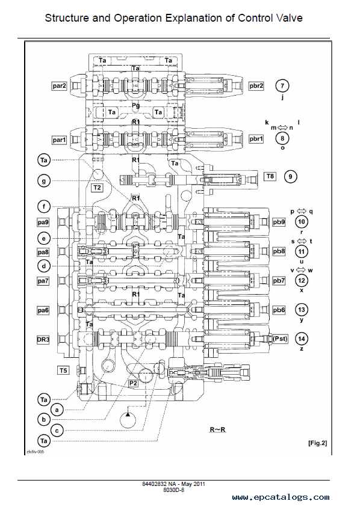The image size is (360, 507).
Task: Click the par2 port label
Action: click(x=59, y=86)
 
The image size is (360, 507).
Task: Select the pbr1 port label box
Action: click(x=256, y=139)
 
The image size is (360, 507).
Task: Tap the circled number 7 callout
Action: click(x=282, y=86)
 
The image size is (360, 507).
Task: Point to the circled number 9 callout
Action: click(x=290, y=177)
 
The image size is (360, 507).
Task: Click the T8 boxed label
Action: click(x=270, y=176)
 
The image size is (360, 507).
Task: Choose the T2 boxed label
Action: click(x=97, y=188)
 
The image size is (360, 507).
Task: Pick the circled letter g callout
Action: click(x=44, y=181)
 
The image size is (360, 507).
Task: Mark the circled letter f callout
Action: click(x=44, y=207)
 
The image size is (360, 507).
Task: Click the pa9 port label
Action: click(x=43, y=222)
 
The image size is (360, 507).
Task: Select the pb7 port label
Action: click(x=278, y=281)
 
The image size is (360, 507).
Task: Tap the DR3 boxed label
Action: click(x=43, y=340)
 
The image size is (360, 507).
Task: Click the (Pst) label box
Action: click(x=280, y=339)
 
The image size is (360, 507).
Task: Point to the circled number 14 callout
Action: click(x=302, y=339)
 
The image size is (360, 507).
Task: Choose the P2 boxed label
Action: click(x=133, y=384)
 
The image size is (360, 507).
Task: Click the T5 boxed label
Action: click(x=63, y=370)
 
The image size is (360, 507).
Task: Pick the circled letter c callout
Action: click(x=57, y=431)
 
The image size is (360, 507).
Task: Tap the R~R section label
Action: click(x=217, y=430)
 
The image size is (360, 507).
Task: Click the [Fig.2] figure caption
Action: click(x=317, y=443)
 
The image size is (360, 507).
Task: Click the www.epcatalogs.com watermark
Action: click(x=281, y=497)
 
